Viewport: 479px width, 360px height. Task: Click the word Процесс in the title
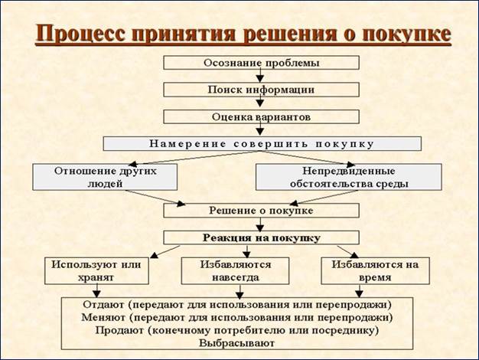point(80,34)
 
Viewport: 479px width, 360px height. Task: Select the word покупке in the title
point(406,33)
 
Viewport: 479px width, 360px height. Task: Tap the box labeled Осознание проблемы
point(261,63)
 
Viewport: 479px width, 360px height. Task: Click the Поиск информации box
point(261,90)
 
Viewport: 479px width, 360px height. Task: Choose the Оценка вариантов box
point(261,117)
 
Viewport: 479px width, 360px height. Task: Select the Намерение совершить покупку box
point(262,143)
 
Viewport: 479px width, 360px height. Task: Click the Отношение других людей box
point(105,177)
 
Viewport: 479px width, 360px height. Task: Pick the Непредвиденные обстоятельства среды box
point(349,177)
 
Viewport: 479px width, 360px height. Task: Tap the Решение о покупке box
point(261,211)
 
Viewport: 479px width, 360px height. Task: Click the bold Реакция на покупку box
point(261,237)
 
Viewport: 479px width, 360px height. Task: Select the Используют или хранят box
point(96,270)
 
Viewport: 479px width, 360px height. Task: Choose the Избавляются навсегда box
point(235,270)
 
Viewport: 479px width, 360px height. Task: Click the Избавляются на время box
point(375,270)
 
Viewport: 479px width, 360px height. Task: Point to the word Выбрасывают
point(236,343)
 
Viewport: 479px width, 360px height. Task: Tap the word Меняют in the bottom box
point(103,317)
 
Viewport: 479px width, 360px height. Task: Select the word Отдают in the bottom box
point(103,305)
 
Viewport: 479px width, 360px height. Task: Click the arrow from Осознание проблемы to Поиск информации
point(260,76)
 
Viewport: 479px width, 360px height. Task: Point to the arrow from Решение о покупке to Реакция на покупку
point(260,224)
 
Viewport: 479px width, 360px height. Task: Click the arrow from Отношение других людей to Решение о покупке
point(155,198)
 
